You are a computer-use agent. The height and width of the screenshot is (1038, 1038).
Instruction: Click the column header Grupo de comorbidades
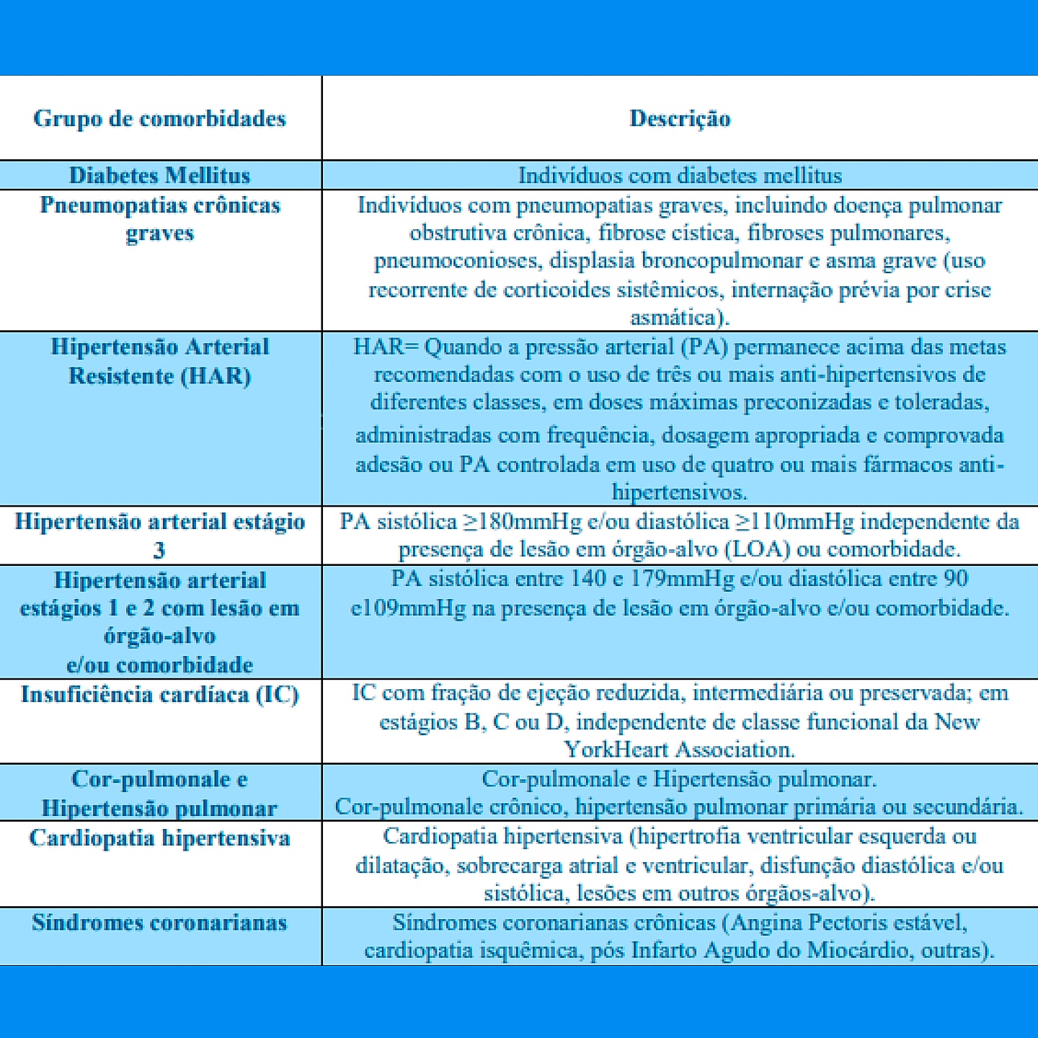[x=159, y=118]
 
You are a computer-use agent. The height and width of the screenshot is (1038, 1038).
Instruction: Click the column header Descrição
[x=680, y=118]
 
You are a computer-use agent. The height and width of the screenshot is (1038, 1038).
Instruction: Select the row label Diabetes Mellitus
[x=159, y=175]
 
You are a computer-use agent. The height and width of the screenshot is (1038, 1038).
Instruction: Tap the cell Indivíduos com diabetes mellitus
[x=680, y=175]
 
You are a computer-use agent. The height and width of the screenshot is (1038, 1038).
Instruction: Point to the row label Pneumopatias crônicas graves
[x=159, y=218]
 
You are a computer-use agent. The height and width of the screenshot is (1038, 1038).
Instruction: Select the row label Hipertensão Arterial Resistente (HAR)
[x=159, y=361]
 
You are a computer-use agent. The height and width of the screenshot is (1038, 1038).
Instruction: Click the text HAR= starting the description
[x=386, y=347]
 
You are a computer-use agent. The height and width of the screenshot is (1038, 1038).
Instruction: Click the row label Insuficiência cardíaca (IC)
[x=159, y=694]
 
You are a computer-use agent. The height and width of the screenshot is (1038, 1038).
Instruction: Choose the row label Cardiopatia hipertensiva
[x=159, y=838]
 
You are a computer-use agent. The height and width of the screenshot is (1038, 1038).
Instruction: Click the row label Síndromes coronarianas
[x=159, y=923]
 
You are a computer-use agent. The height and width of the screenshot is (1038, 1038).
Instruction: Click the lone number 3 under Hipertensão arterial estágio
[x=159, y=551]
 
